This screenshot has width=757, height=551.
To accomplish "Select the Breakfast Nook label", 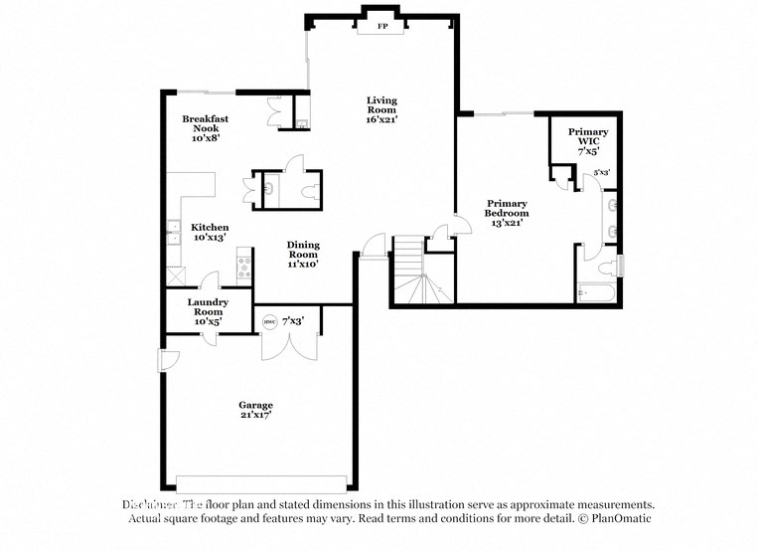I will pos(205,118).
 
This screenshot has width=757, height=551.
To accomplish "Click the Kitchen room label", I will pos(210,227).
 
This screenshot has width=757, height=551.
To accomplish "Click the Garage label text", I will pos(255,405).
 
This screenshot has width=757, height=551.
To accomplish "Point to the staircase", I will pos(418,275).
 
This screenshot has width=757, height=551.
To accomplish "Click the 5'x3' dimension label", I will pos(602,173).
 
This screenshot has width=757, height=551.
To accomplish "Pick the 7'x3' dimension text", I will pos(293,320).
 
